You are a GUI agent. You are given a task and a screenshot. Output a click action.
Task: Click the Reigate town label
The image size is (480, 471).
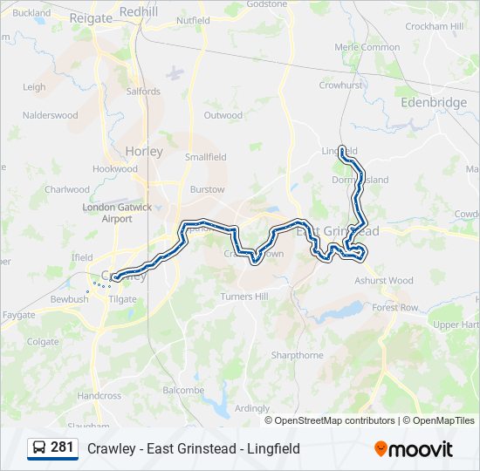[x=91, y=18]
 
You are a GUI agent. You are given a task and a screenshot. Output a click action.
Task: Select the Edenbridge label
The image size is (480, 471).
[x=434, y=102]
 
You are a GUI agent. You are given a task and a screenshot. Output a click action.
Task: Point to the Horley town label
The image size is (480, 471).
[x=144, y=151]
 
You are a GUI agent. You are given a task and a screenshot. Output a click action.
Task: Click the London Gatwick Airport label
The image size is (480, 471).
[x=117, y=213]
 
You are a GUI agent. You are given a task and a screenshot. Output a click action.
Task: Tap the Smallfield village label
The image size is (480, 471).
[x=205, y=157]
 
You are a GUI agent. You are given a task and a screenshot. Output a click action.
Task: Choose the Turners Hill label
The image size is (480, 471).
[x=243, y=297]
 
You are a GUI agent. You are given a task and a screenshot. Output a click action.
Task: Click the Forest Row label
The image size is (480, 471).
[x=394, y=308]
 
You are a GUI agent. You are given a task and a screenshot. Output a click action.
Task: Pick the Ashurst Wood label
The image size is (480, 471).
[x=384, y=281]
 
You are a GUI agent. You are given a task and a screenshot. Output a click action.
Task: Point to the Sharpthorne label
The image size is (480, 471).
[x=297, y=355]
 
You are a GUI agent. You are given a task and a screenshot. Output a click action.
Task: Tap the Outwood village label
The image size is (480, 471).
[x=223, y=115]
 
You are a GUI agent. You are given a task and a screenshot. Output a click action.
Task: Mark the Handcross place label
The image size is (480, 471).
[x=99, y=395]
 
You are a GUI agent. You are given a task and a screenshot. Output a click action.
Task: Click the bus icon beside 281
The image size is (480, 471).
[x=39, y=448]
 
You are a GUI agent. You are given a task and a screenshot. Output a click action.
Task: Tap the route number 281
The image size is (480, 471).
[x=62, y=447]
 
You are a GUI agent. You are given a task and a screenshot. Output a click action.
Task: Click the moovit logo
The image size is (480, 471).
[x=414, y=449]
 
